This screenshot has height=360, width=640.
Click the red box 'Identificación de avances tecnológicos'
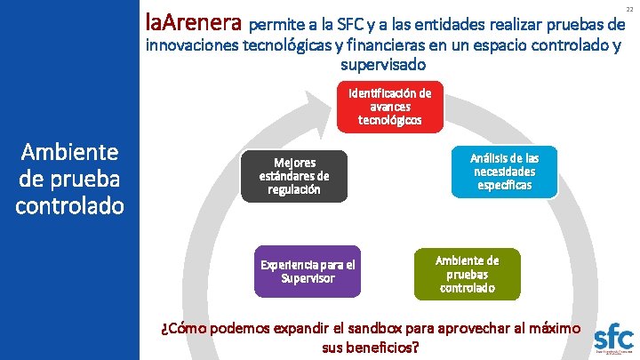(389, 107)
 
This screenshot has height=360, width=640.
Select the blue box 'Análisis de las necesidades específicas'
(504, 172)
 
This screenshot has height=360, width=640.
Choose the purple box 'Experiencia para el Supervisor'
(308, 271)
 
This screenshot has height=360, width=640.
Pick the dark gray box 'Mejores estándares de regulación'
(294, 176)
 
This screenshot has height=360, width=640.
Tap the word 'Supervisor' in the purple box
(308, 278)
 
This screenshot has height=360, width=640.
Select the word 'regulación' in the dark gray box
(294, 189)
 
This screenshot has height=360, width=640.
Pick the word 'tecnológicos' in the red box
(389, 119)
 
